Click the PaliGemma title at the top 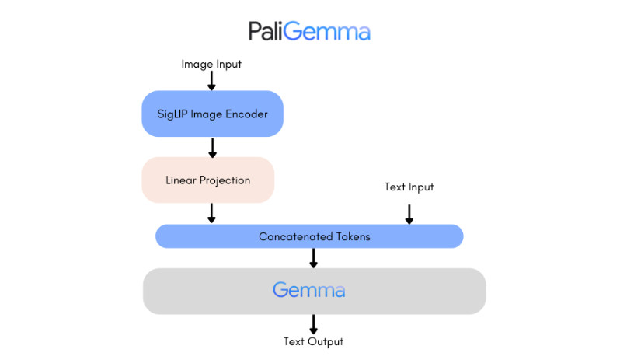tap(309, 31)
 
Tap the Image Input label tap(211, 64)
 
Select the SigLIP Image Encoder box tap(211, 114)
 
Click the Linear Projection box tap(208, 180)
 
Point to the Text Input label tap(409, 187)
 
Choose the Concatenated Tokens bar tap(309, 236)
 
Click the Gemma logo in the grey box tap(309, 291)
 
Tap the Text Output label tap(313, 341)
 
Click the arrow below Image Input tap(211, 81)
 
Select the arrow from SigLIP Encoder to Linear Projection tap(211, 147)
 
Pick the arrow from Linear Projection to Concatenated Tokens tap(211, 213)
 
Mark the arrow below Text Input tap(409, 213)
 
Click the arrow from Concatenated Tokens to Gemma tap(313, 258)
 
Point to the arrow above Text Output tap(313, 323)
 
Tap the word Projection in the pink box tap(225, 180)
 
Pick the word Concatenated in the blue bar tap(291, 236)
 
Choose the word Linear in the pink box tap(182, 180)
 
